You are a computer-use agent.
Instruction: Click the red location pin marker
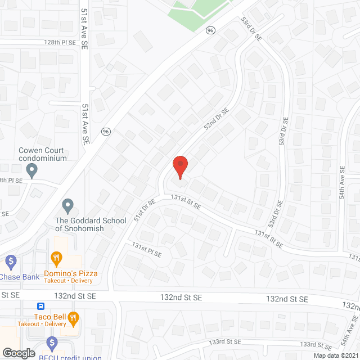coord(179,167)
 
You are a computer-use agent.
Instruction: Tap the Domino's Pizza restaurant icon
coord(56,259)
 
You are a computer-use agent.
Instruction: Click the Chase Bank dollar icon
coord(10,261)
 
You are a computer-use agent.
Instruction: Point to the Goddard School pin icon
coord(68,206)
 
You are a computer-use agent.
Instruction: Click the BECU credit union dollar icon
coord(52,342)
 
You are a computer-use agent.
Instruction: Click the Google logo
coord(19,353)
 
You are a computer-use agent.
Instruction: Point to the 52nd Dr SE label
coord(214,119)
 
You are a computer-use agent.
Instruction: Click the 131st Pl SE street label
coord(147,250)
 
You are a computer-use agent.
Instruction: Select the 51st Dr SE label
coord(143,205)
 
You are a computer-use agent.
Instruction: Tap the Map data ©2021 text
coord(335,355)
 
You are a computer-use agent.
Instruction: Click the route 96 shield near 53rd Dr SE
coord(210,29)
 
